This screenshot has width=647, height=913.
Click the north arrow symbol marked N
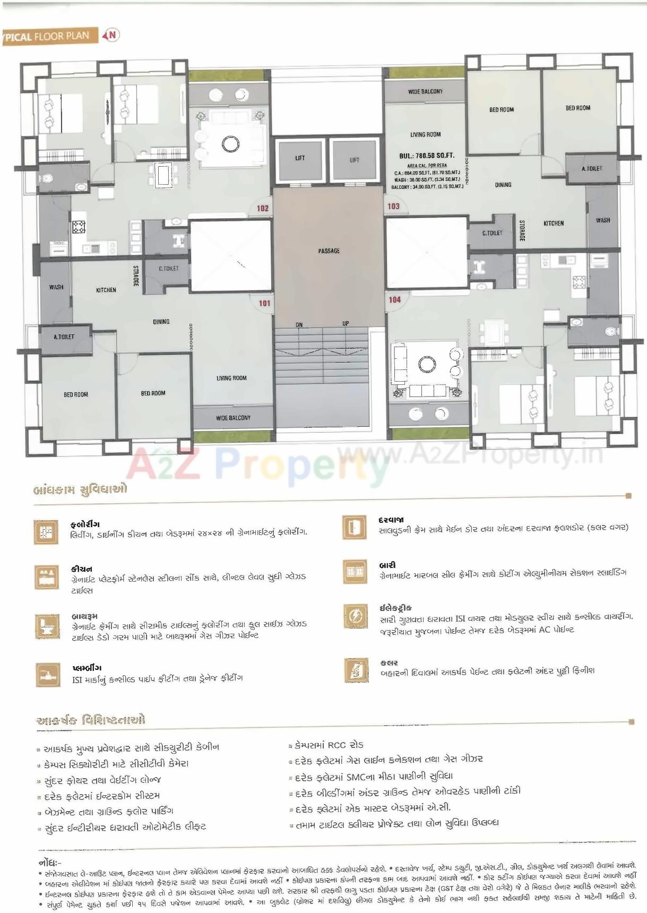click(112, 36)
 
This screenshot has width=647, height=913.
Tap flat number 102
click(263, 208)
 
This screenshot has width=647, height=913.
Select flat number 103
click(393, 206)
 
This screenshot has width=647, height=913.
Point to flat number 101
click(264, 303)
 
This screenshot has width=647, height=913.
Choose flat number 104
click(394, 300)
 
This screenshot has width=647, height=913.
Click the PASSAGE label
click(329, 251)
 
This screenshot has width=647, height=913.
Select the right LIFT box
click(355, 160)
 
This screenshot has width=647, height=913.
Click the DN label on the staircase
click(299, 324)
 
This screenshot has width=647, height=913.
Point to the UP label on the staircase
click(346, 323)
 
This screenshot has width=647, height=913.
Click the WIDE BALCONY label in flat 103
click(425, 92)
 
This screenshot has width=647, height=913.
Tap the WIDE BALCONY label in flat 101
click(233, 418)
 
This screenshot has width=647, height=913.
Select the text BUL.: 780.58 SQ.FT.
click(427, 156)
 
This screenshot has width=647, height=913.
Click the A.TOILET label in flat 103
click(592, 169)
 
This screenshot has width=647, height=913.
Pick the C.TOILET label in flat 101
click(169, 269)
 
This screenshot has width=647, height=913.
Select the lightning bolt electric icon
click(355, 617)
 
